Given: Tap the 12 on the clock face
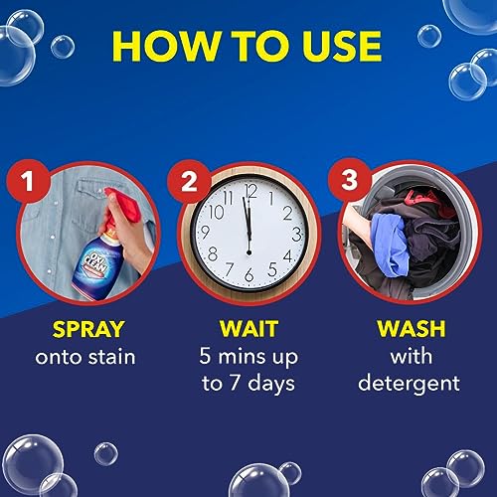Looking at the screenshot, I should (249, 191).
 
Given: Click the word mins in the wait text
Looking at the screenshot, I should (248, 356).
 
